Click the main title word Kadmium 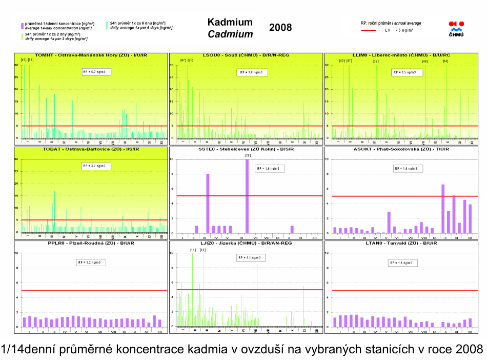pyautogui.click(x=230, y=22)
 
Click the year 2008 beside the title pyautogui.click(x=280, y=28)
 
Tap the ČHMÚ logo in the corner pyautogui.click(x=456, y=29)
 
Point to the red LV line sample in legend pyautogui.click(x=369, y=31)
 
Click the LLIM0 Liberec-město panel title pyautogui.click(x=401, y=55)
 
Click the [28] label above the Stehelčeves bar pyautogui.click(x=248, y=155)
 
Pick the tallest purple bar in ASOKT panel pyautogui.click(x=443, y=208)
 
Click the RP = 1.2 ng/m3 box pyautogui.click(x=91, y=262)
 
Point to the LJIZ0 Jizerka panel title pyautogui.click(x=246, y=244)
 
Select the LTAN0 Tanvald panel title pyautogui.click(x=401, y=244)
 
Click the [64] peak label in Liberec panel pyautogui.click(x=445, y=61)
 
